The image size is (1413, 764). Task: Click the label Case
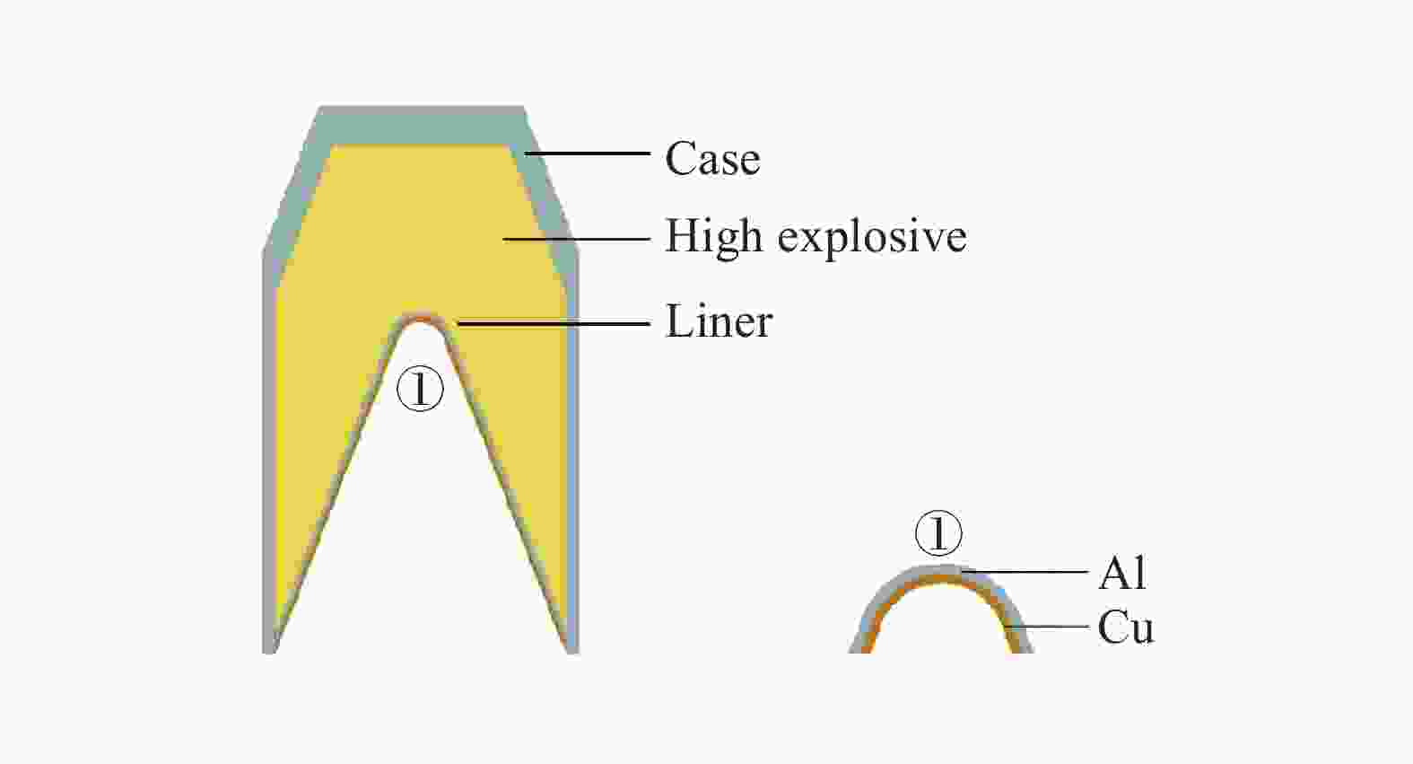(713, 158)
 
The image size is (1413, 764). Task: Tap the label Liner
(720, 321)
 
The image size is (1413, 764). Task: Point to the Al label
(1122, 574)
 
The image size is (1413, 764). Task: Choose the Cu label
(1125, 628)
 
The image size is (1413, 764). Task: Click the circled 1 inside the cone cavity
(420, 389)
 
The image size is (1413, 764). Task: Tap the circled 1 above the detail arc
(938, 533)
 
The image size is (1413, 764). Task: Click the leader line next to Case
(588, 153)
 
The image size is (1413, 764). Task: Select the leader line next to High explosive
(577, 239)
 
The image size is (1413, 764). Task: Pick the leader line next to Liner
(554, 324)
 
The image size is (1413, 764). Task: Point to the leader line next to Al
(1025, 572)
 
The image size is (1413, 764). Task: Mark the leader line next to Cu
(1047, 627)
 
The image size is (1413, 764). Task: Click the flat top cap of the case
(422, 125)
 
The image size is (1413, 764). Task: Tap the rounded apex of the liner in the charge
(422, 316)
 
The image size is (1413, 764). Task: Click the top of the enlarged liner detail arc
(940, 571)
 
